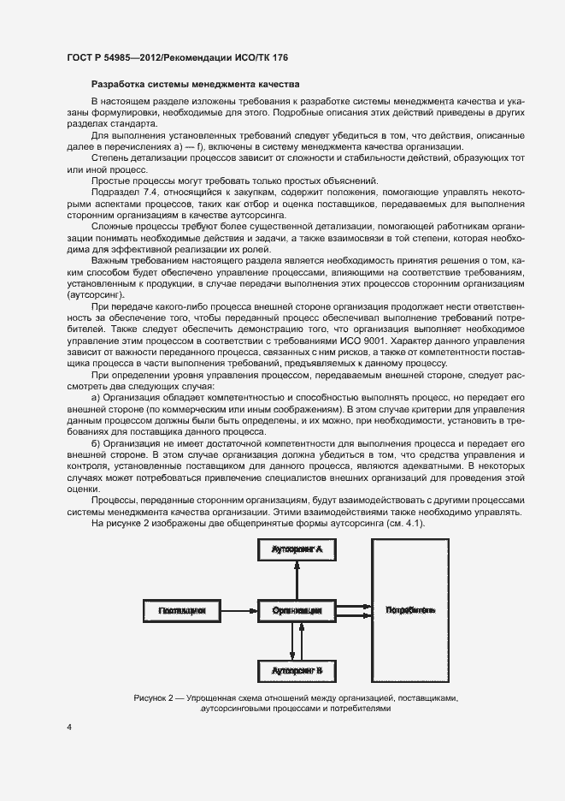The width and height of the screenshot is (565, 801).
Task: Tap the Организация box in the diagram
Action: point(297,610)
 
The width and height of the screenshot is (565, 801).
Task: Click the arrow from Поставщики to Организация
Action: point(238,610)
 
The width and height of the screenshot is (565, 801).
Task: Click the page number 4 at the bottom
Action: point(70,727)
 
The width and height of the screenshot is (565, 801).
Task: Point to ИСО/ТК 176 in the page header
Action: point(270,56)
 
